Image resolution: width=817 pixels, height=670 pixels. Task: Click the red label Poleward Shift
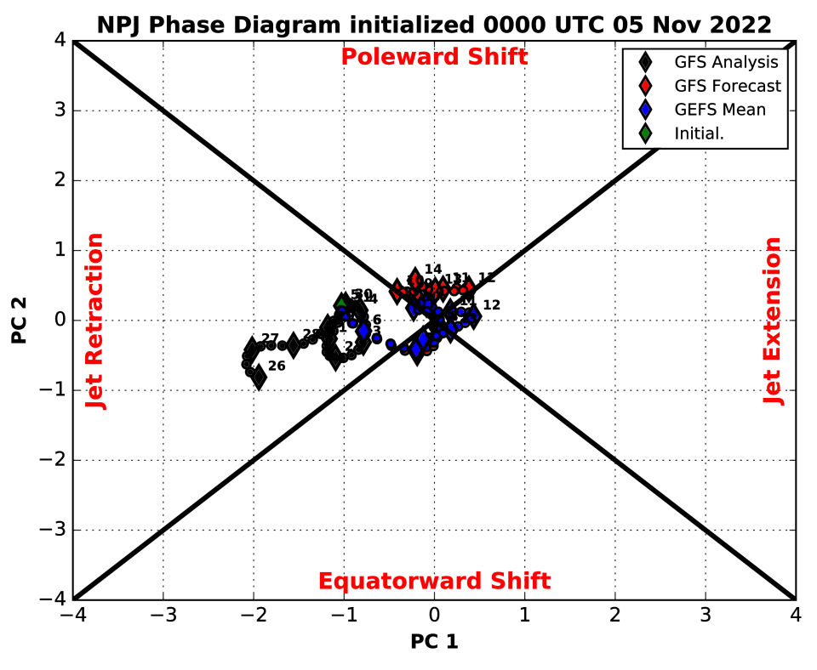click(x=434, y=57)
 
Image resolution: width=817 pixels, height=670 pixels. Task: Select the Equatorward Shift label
click(x=434, y=582)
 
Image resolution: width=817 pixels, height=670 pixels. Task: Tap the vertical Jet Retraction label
click(x=96, y=321)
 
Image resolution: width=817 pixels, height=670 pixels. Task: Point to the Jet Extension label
click(x=773, y=321)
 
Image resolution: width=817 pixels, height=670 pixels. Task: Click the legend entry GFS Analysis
click(x=726, y=62)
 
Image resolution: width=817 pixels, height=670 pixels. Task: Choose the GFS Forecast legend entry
click(x=728, y=86)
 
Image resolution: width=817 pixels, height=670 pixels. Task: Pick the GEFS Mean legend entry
click(x=720, y=110)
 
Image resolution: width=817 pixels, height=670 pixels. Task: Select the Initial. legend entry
click(x=699, y=133)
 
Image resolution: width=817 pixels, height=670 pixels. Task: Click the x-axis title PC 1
click(x=434, y=642)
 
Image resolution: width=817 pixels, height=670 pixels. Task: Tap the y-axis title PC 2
click(x=20, y=321)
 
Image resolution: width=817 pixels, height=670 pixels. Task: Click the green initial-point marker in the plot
click(x=342, y=301)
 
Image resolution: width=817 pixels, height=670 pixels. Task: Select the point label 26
click(x=277, y=366)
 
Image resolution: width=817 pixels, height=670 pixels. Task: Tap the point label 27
click(x=271, y=338)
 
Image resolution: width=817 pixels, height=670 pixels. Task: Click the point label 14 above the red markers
click(x=433, y=270)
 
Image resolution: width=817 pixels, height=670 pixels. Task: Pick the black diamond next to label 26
click(x=259, y=377)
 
